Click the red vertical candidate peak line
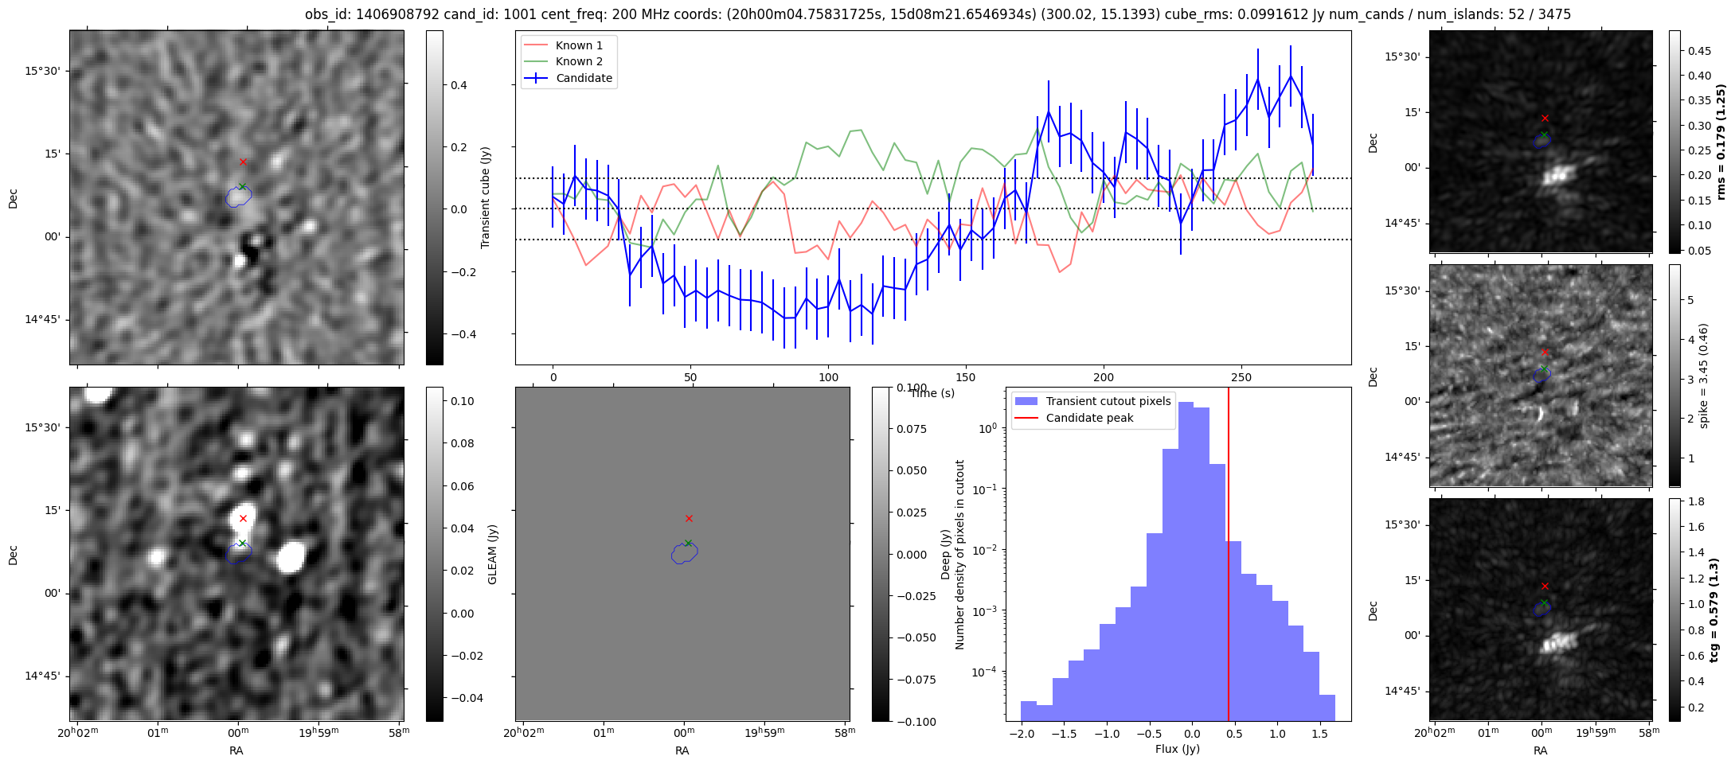[1229, 557]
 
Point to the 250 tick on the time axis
[1241, 377]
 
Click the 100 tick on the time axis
[828, 377]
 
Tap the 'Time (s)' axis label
[932, 393]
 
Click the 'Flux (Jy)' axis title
[1177, 749]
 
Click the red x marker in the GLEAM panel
[689, 518]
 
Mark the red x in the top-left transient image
[243, 162]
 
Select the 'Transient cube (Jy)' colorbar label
[485, 197]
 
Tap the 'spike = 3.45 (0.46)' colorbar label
[1703, 376]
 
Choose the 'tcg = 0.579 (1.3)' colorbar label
[1714, 610]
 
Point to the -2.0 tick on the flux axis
[1020, 733]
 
